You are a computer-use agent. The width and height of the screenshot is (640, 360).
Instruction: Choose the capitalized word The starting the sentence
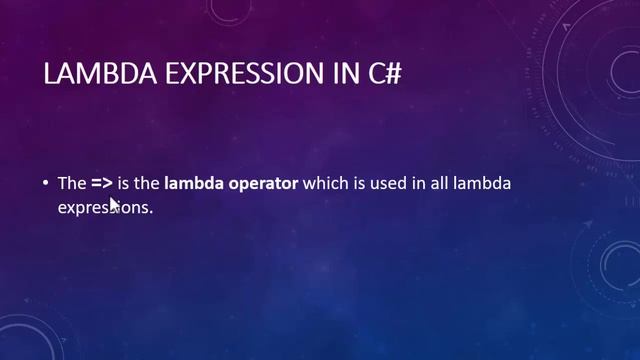(x=71, y=185)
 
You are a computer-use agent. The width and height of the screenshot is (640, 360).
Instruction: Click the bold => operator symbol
(x=102, y=185)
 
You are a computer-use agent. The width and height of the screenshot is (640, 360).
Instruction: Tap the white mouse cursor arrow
(x=113, y=204)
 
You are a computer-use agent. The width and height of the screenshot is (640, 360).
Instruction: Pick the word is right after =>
(x=127, y=185)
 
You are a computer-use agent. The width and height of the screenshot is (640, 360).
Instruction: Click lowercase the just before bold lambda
(x=149, y=185)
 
